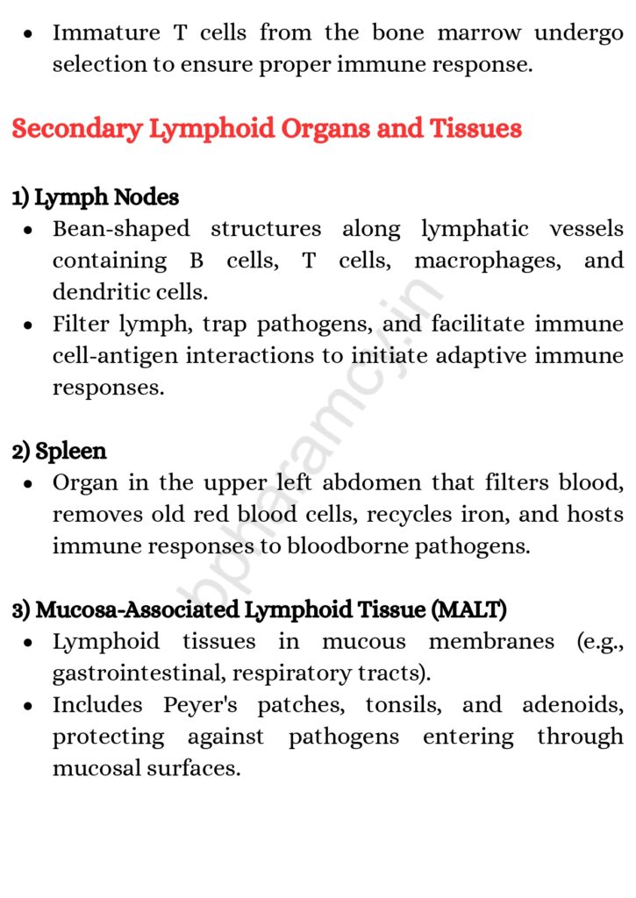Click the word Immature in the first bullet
(106, 33)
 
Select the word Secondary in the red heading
(76, 129)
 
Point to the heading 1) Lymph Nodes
(96, 197)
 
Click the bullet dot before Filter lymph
(30, 325)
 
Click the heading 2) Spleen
(60, 452)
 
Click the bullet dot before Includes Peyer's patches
(30, 706)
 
